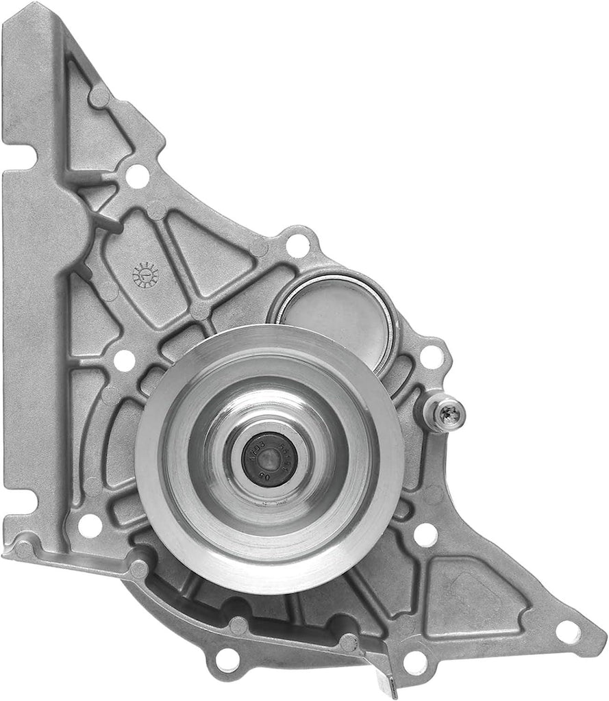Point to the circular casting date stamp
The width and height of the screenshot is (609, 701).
(145, 275)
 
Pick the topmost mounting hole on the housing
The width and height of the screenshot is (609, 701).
(138, 176)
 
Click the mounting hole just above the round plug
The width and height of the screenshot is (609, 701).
(297, 244)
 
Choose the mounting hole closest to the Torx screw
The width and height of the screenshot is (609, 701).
(431, 357)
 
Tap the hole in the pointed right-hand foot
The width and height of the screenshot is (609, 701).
(568, 631)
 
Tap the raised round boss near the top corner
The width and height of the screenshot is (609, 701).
(100, 97)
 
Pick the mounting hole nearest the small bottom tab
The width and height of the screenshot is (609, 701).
(414, 661)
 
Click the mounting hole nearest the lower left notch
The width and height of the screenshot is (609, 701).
(90, 526)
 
